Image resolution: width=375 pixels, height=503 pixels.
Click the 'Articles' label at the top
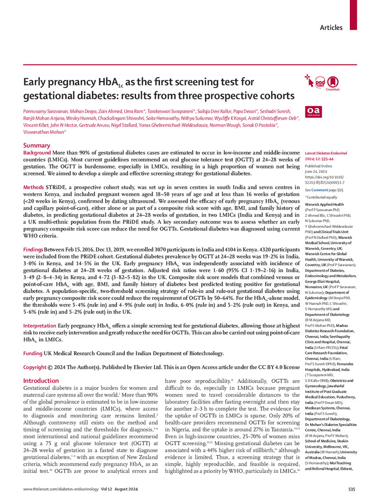[332, 28]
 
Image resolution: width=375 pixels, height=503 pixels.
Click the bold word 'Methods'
[34, 187]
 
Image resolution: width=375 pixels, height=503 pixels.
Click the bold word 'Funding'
[34, 340]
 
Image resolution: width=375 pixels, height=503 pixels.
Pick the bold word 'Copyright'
[37, 354]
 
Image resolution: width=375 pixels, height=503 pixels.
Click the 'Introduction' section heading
[41, 367]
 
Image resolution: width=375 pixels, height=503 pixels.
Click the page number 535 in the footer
[351, 489]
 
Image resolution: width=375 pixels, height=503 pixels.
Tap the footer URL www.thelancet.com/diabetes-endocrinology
[59, 489]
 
